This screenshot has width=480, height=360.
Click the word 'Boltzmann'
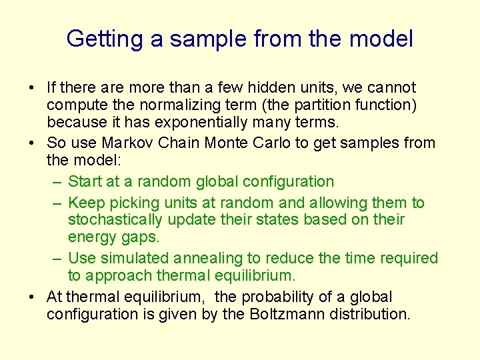click(x=286, y=314)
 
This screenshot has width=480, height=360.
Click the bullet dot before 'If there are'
click(x=32, y=88)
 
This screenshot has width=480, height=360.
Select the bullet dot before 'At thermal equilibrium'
click(x=32, y=297)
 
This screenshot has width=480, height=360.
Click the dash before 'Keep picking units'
click(x=56, y=203)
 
